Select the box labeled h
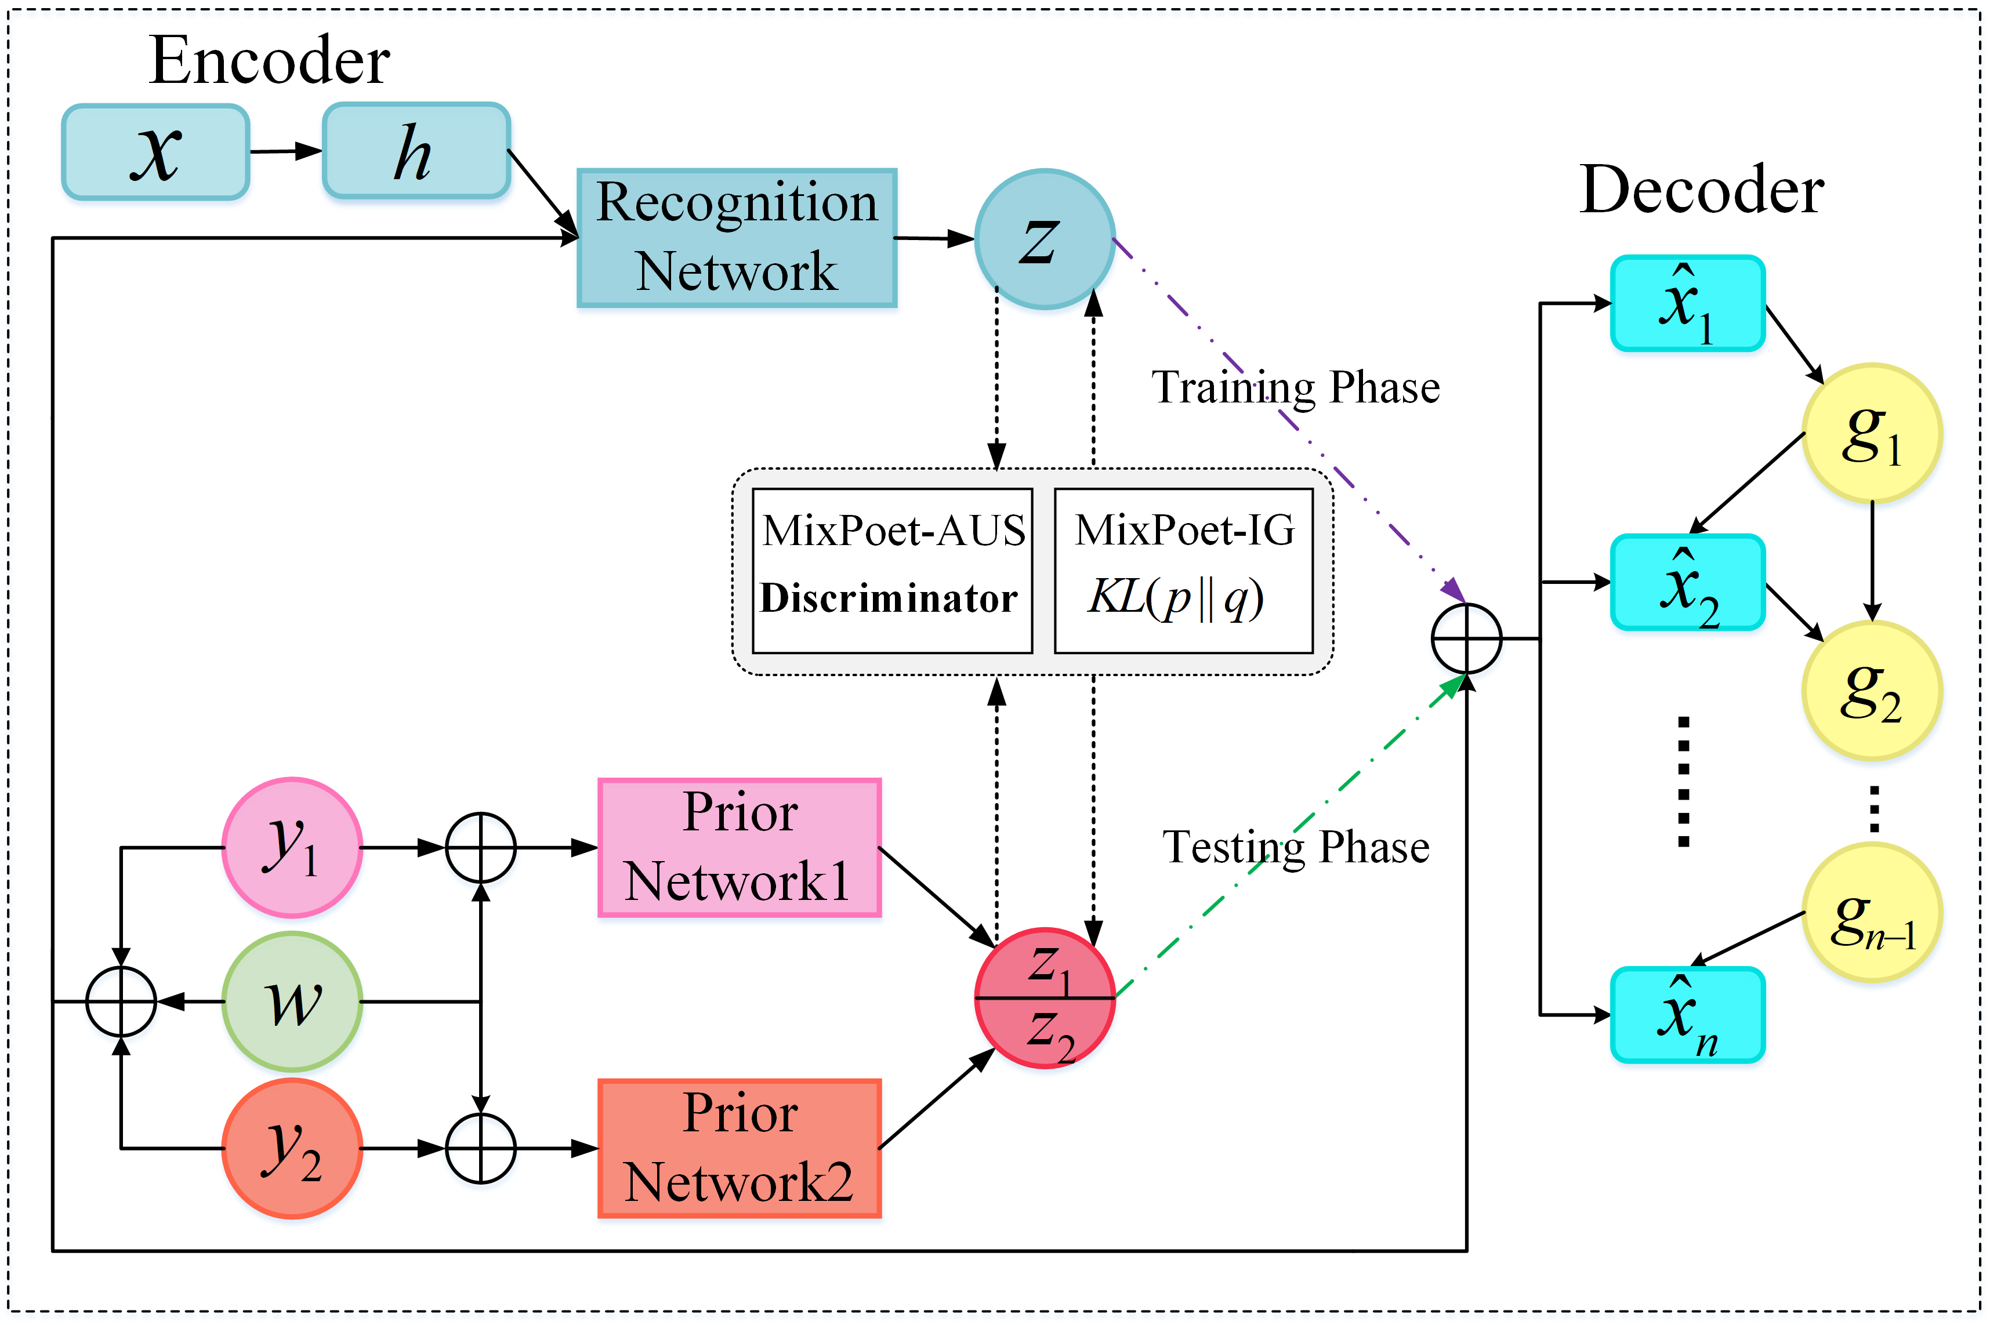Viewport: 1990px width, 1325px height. click(416, 152)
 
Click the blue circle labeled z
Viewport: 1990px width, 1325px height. click(1045, 239)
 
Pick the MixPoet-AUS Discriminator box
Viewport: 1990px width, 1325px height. click(891, 571)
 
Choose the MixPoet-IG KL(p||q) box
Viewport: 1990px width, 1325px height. click(1183, 571)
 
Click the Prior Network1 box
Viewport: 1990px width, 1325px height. click(740, 848)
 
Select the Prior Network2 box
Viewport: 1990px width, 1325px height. click(740, 1148)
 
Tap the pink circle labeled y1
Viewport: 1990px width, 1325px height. click(292, 848)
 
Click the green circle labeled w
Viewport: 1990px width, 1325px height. click(292, 1002)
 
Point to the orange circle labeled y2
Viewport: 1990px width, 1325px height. click(292, 1148)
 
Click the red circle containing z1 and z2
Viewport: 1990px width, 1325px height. click(1045, 999)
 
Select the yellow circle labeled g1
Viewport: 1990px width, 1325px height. click(1872, 434)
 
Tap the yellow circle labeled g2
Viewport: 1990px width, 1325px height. click(1872, 691)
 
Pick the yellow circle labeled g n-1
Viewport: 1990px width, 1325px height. click(1872, 913)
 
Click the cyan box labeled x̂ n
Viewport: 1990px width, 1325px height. click(1687, 1015)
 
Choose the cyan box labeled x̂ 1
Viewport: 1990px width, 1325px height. click(1687, 303)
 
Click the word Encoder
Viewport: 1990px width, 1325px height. click(269, 61)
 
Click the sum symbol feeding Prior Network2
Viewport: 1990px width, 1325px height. click(481, 1148)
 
